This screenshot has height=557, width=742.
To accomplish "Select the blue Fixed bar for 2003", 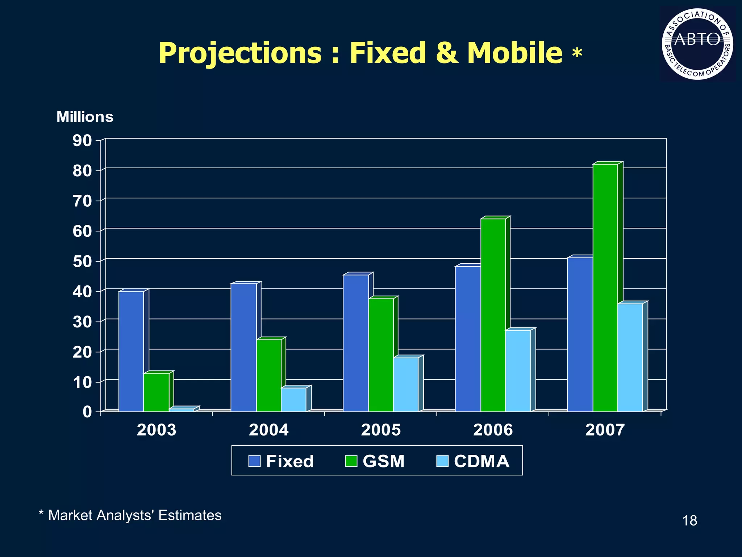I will pos(131,351).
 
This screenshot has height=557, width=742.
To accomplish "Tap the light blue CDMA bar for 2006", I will pos(518,371).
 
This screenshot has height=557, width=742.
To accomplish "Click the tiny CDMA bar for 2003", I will pos(182,410).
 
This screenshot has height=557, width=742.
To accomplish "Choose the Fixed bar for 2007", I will pos(580,334).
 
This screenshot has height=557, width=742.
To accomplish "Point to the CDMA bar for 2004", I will pos(293,399).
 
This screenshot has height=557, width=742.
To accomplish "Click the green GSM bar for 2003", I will pos(156,392).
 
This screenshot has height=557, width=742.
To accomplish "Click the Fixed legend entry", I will pos(281,461).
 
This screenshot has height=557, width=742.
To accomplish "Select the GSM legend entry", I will pos(375,461).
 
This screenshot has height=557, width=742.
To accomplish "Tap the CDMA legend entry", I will pos(473,461).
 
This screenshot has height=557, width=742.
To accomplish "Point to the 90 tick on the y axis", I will pos(82,140).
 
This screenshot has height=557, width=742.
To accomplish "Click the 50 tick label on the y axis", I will pos(82,261).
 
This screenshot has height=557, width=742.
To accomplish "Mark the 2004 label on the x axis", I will pos(268,430).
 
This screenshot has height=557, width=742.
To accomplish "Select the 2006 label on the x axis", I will pos(493,430).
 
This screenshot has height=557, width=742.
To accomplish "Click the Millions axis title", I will pos(85,117).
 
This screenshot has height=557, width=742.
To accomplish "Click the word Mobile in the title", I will pos(514,53).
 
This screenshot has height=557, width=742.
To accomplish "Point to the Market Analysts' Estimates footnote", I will pos(130,515).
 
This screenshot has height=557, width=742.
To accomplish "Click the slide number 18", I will pos(689,521).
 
